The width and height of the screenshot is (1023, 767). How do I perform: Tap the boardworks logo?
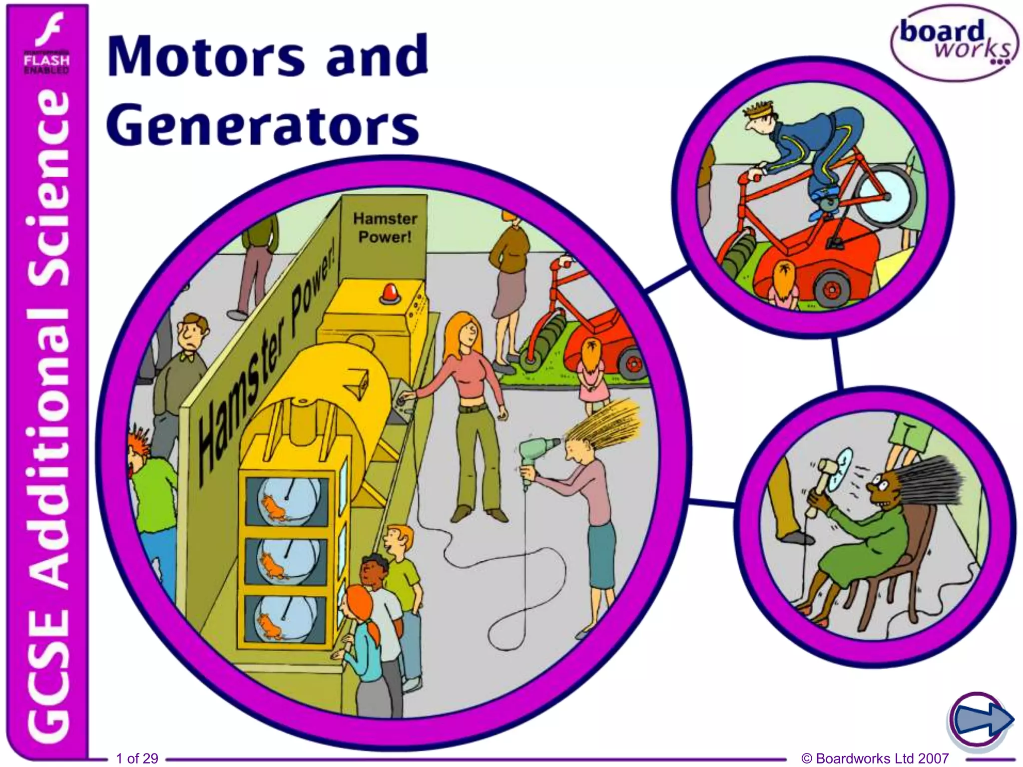click(955, 43)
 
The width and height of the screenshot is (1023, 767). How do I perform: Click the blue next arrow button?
click(981, 720)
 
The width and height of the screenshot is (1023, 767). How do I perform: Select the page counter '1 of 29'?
click(137, 758)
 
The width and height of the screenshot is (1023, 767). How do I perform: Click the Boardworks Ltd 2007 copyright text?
click(875, 758)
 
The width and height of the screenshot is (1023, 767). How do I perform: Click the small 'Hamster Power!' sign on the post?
click(385, 227)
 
